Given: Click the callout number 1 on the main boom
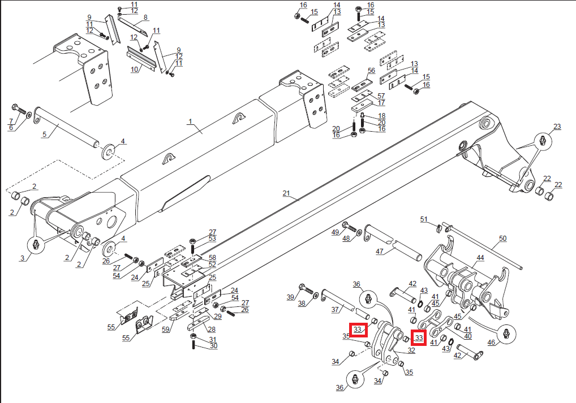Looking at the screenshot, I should coord(191,122).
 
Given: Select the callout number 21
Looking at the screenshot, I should coord(286,194).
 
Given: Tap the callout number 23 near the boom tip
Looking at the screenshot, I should coord(557,127).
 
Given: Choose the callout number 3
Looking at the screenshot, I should coord(23,258).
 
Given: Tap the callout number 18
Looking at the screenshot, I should coord(381,115).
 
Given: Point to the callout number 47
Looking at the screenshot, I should coord(380,251).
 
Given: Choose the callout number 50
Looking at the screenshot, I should coord(502,239).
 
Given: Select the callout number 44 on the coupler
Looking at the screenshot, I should coord(480,258).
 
